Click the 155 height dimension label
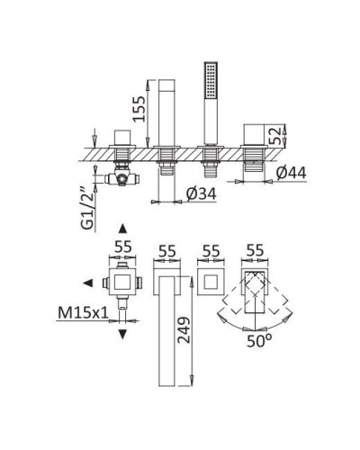tap(139, 109)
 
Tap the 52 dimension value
tap(274, 136)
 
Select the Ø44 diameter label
tap(292, 174)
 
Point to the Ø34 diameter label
tap(201, 194)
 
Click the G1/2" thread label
tap(88, 209)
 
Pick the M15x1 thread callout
tap(83, 313)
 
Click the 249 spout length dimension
tap(184, 330)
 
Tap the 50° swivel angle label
tap(259, 341)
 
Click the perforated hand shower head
tap(211, 80)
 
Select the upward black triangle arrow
tap(122, 229)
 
